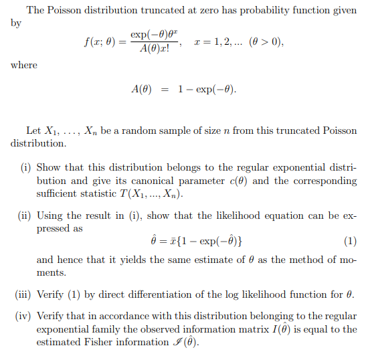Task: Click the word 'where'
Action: [23, 65]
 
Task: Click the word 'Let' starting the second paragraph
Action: [33, 130]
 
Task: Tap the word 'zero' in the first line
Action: [208, 10]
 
